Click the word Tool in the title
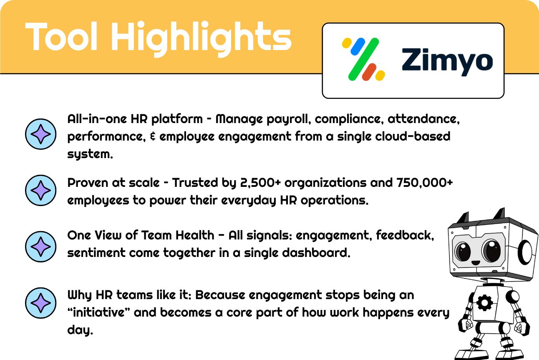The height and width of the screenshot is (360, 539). tap(61, 36)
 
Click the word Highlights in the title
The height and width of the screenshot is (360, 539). tap(201, 39)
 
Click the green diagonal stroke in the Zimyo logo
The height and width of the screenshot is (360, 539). tap(364, 59)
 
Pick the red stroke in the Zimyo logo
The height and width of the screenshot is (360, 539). tap(369, 72)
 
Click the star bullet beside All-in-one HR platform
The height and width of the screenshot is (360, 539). tap(40, 134)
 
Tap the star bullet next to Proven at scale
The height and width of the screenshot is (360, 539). tap(40, 190)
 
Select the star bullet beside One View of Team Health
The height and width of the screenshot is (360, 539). tap(40, 247)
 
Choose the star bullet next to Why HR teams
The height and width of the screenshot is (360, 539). tap(40, 303)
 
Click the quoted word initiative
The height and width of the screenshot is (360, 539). tap(99, 312)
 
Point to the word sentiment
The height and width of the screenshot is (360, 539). tap(96, 253)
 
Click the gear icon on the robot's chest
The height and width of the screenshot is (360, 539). tap(484, 303)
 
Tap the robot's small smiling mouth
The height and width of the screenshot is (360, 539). tap(476, 263)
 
